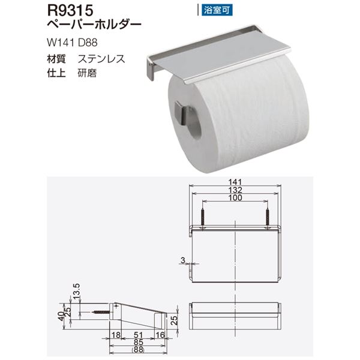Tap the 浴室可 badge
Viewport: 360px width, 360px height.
214,10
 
